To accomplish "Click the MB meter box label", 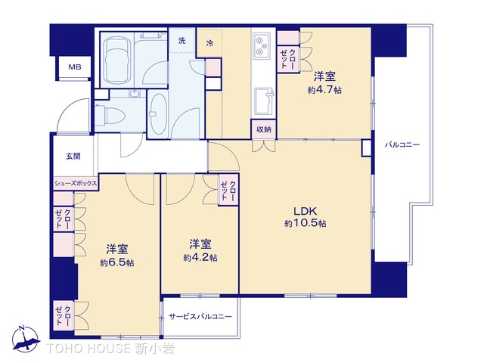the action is point(75,67).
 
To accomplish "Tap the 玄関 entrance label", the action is point(73,157).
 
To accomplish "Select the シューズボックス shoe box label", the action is point(76,184).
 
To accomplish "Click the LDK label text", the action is point(305,211).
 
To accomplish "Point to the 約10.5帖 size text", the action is point(305,223).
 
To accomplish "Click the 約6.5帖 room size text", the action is point(117,262).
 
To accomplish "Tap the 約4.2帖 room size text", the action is point(200,257).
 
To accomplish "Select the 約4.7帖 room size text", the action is point(324,90).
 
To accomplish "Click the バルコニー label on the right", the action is point(402,144).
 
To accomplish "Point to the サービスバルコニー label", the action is point(200,317).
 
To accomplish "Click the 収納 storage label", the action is point(264,129).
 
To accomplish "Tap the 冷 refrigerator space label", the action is point(209,43).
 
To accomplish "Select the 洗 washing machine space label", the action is point(181,40).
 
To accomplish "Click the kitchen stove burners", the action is point(262,46).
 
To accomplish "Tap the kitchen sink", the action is point(264,101).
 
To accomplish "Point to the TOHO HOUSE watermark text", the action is point(110,349).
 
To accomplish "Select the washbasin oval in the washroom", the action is point(159,114).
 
